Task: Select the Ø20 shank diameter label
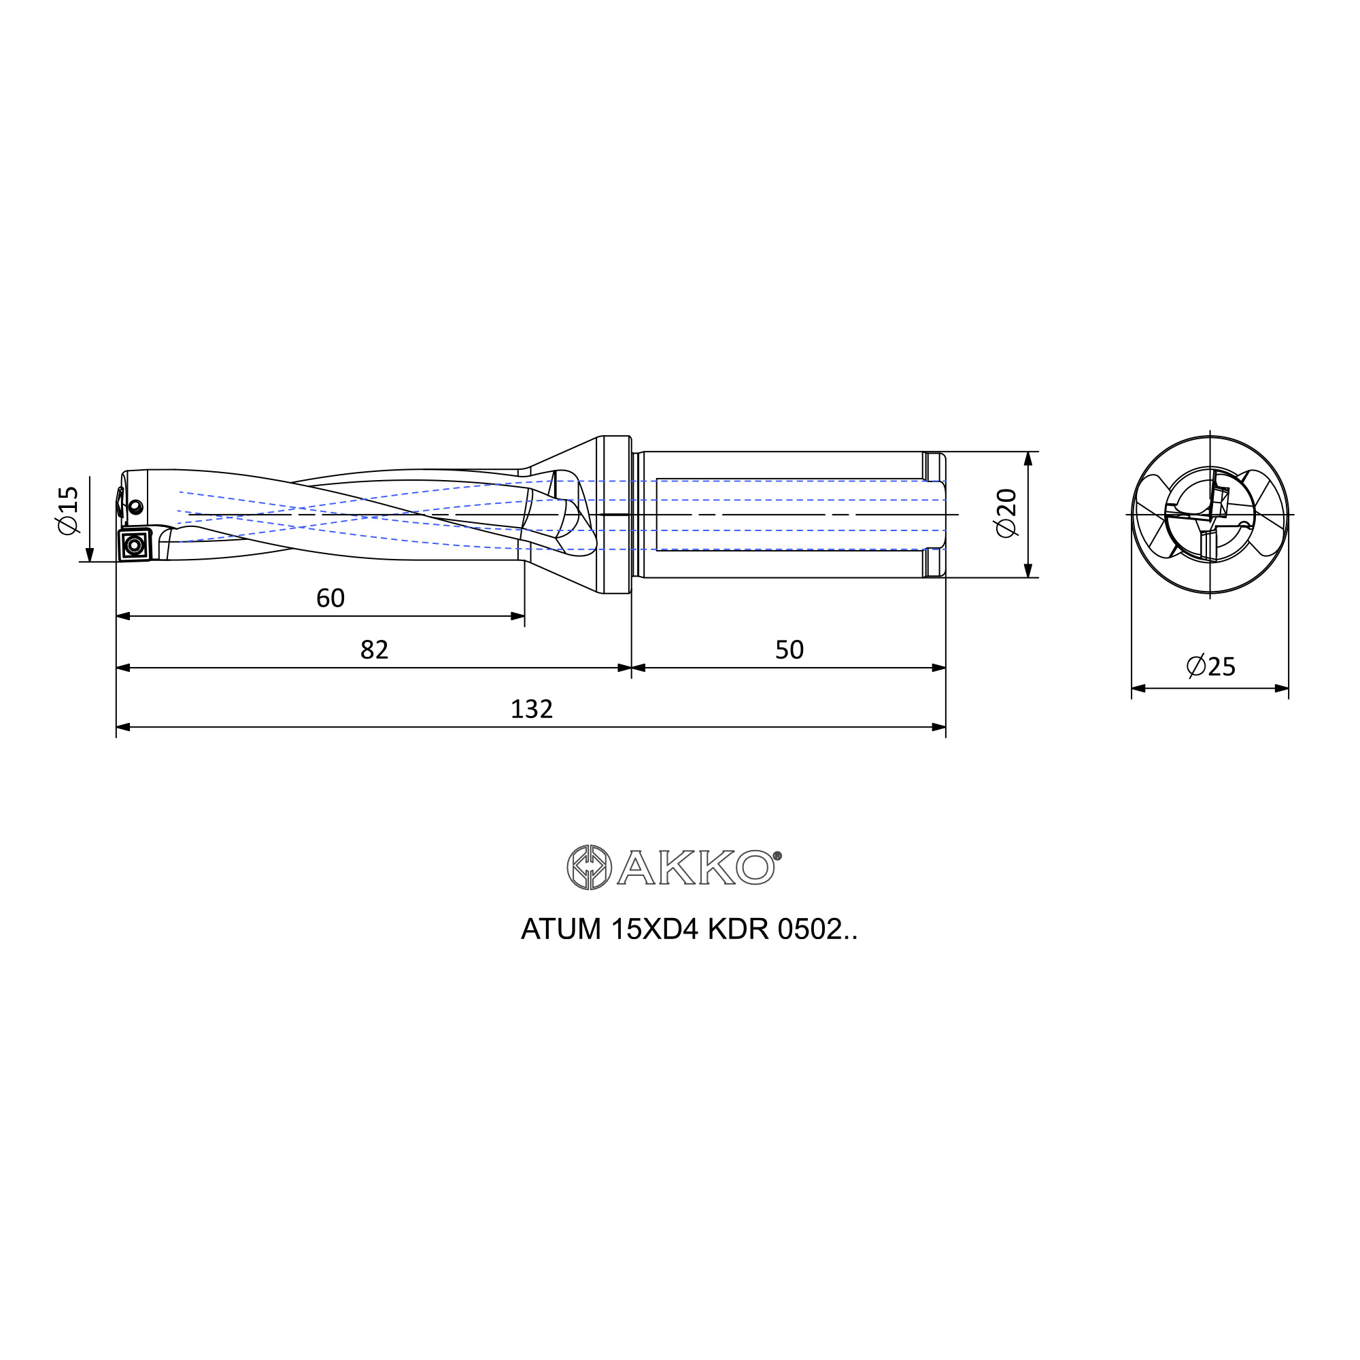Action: [x=1006, y=513]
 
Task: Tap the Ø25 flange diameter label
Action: [x=1211, y=666]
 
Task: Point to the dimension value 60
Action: [x=330, y=598]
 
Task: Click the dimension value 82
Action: [x=374, y=649]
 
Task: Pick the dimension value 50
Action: [x=789, y=649]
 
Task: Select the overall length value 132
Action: [x=532, y=709]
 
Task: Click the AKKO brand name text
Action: [x=696, y=867]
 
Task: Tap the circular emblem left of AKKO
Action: [x=589, y=867]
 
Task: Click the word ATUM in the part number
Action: [x=561, y=930]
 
